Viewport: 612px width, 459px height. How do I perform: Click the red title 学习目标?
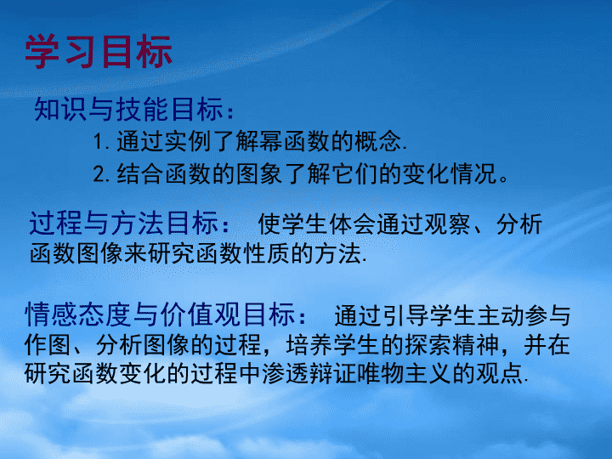(99, 52)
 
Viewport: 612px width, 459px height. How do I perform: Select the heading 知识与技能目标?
(128, 110)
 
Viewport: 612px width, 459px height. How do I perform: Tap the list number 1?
(101, 142)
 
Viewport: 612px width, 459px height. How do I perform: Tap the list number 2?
(101, 174)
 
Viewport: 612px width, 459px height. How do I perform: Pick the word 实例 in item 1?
(187, 141)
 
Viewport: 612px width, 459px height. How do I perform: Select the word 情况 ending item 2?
(473, 173)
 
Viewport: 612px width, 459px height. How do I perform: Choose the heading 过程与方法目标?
(123, 224)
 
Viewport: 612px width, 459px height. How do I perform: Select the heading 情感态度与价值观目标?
(160, 314)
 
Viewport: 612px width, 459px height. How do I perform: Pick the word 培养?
(309, 345)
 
